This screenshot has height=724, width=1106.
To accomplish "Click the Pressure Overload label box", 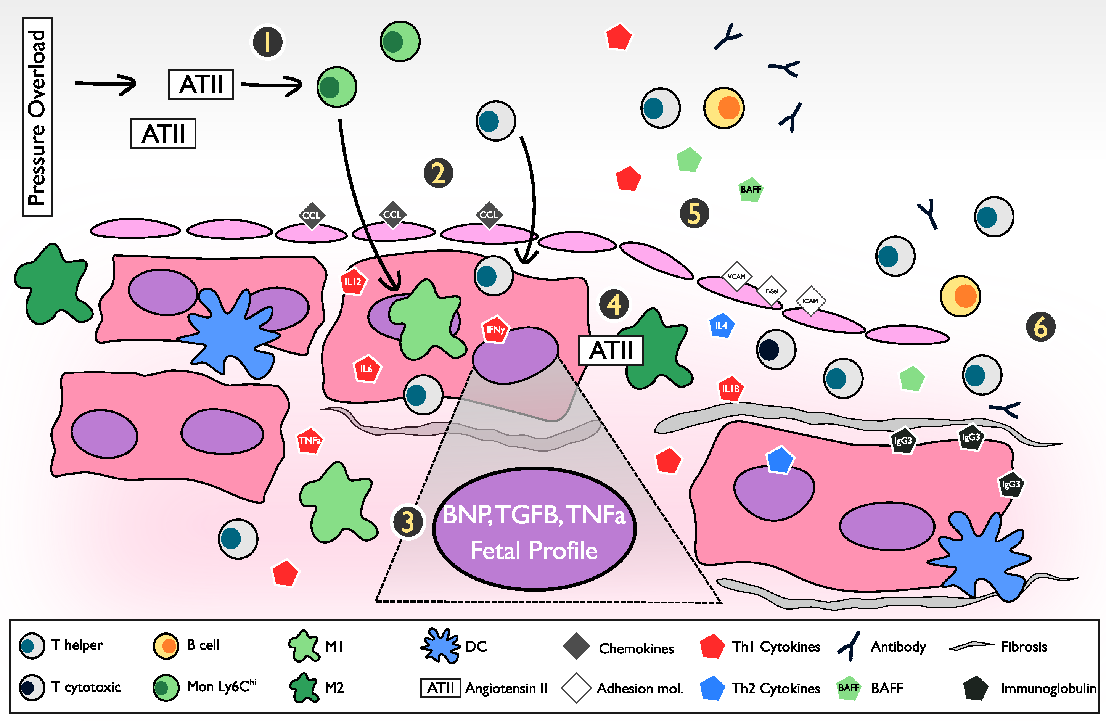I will click(37, 117).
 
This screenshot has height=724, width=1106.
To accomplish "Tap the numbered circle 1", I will click(267, 42).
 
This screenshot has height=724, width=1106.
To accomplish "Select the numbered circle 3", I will click(408, 521).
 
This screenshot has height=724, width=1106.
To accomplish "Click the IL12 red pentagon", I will click(353, 282).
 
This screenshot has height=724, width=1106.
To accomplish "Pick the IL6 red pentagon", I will click(367, 369).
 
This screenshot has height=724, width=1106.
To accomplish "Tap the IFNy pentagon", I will click(495, 330).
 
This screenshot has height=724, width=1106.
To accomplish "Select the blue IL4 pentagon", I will click(721, 326).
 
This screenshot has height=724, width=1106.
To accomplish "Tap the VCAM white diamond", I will click(736, 277).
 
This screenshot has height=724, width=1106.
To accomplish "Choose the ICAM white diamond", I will click(810, 301).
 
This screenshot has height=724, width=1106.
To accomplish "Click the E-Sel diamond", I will click(772, 291).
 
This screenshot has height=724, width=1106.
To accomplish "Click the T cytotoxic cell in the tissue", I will click(776, 349).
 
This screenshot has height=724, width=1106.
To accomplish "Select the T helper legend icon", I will click(32, 645).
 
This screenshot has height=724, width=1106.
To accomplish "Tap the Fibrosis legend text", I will click(1023, 647).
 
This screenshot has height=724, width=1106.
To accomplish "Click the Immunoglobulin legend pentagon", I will click(975, 688).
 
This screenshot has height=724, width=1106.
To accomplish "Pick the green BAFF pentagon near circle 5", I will click(751, 189).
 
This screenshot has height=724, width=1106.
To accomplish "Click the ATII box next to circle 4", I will click(611, 350).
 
